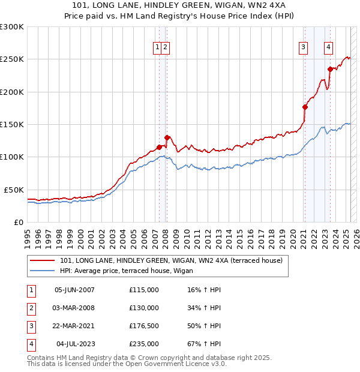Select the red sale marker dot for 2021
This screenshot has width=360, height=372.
[x=305, y=107]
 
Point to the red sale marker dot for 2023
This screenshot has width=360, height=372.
[x=329, y=69]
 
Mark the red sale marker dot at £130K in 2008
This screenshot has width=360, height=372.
[x=167, y=137]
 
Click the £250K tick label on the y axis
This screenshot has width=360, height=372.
[x=12, y=59]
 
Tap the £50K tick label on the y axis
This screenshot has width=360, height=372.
[x=14, y=190]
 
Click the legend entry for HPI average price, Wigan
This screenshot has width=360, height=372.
[x=126, y=271]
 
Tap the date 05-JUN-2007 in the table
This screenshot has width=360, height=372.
[x=74, y=290]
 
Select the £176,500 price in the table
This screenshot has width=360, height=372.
[x=144, y=326]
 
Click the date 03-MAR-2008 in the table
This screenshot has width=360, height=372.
[x=74, y=308]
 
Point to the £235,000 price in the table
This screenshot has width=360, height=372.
[x=144, y=344]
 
